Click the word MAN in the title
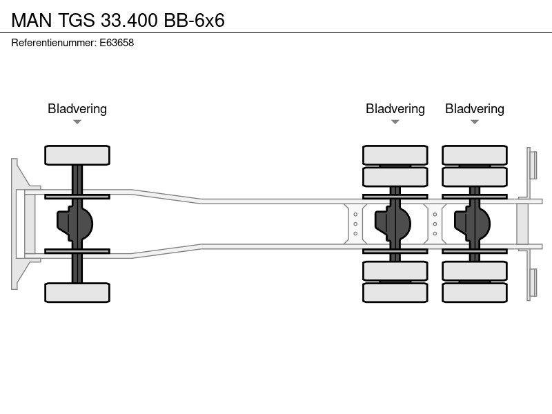[32, 20]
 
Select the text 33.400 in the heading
[129, 20]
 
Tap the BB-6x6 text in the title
[195, 20]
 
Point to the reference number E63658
[117, 43]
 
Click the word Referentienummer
[54, 43]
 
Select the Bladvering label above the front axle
[77, 109]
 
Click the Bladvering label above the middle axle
[395, 109]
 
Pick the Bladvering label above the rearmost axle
[475, 109]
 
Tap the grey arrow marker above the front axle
[77, 122]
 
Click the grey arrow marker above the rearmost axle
[475, 122]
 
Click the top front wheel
[77, 155]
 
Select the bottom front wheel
[77, 293]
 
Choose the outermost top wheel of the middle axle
[395, 155]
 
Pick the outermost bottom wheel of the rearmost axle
[475, 293]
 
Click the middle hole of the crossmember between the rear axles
[435, 224]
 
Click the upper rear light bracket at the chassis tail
[532, 165]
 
